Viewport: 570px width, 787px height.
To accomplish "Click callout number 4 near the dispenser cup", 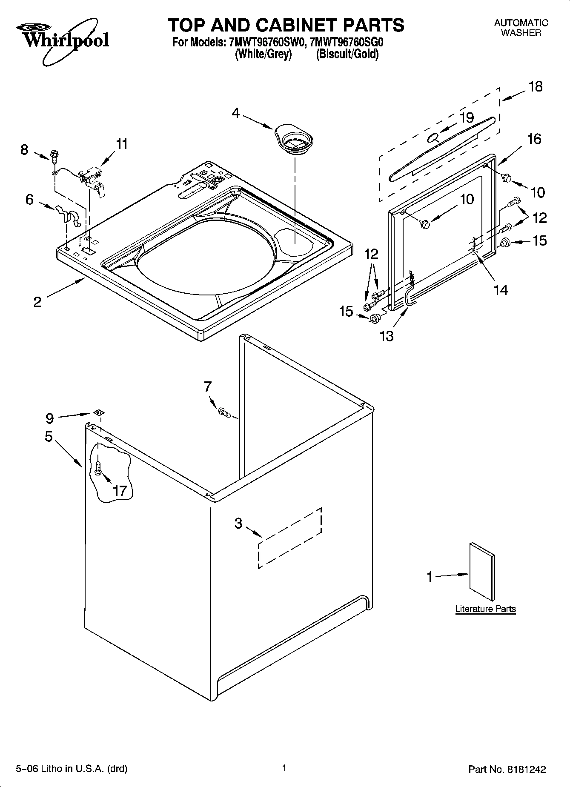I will coord(235,113).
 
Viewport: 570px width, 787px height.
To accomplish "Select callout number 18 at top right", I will coord(535,87).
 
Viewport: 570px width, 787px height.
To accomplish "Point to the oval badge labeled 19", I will coord(433,137).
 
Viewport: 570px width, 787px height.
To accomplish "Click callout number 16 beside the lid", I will coord(534,139).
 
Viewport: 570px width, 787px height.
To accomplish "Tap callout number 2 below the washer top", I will coord(37,302).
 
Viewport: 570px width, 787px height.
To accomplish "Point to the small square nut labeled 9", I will coord(99,412).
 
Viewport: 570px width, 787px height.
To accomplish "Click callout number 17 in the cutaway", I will coord(120,491).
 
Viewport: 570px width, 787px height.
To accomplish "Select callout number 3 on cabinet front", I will coord(238,523).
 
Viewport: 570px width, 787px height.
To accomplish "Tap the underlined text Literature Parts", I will coord(485,609).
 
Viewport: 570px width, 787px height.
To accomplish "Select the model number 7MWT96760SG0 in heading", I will coord(347,43).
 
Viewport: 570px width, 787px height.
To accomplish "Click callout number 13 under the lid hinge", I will coord(387,336).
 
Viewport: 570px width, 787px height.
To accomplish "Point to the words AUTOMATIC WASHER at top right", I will coord(521,28).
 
